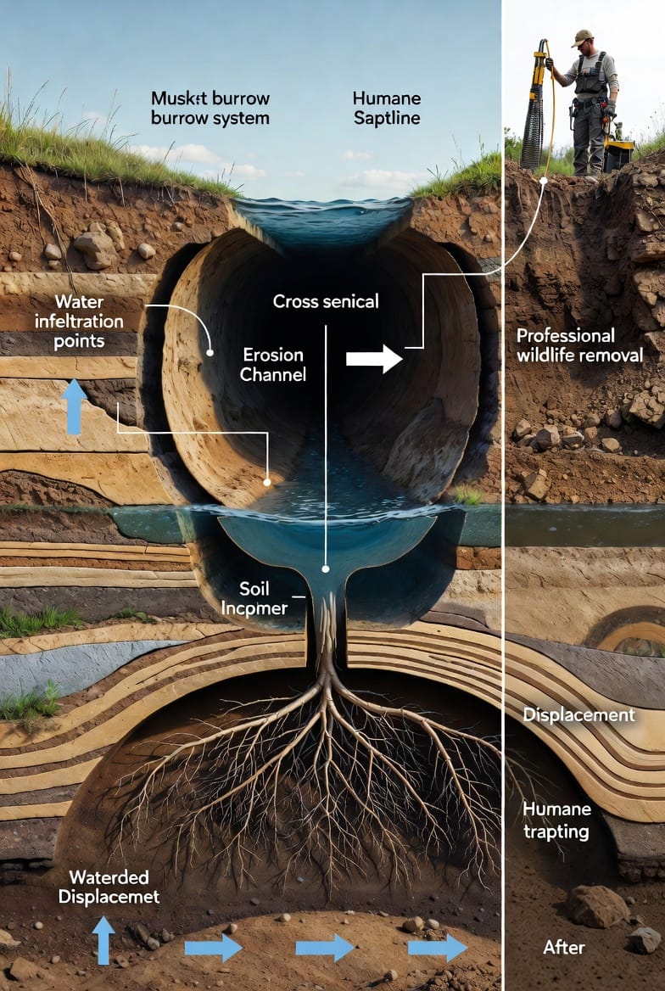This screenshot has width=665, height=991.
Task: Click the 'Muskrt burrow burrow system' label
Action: point(210,108)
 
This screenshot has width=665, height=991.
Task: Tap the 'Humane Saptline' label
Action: point(386,108)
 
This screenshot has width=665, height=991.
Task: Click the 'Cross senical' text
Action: point(325,301)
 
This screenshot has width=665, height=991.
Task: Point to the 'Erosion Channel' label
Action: point(273,364)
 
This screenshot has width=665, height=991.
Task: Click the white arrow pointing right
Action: point(374,359)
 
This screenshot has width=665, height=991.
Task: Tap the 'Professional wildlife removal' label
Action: point(579,345)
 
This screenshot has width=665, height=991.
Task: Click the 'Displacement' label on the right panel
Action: point(578,714)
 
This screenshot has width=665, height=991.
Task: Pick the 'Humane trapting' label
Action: point(556,820)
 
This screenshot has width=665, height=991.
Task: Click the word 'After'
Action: point(565,946)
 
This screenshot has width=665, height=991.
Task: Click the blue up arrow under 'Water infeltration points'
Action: point(75,406)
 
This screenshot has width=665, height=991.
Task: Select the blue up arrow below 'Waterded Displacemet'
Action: point(103,939)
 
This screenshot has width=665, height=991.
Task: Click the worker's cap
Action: point(581,37)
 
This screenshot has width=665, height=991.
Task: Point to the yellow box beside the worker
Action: point(618,155)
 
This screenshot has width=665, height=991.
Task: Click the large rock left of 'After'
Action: point(599,906)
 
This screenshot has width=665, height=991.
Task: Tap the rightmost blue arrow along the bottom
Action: point(437,947)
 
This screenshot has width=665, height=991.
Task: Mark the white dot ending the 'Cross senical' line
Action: point(325,568)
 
